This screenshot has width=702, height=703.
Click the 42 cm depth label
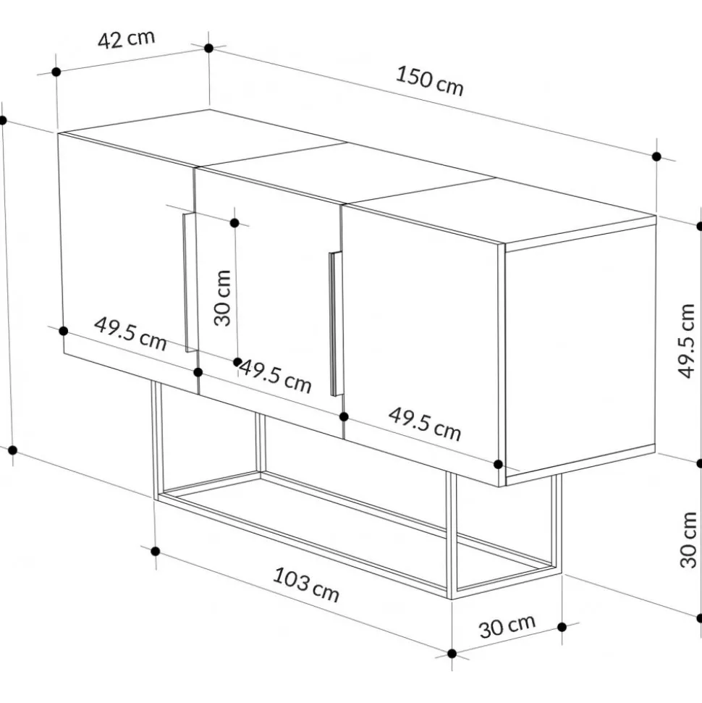[x=127, y=39]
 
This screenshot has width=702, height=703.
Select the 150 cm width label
[x=429, y=81]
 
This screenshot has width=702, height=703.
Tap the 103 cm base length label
[x=306, y=584]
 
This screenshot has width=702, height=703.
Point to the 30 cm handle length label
[x=222, y=298]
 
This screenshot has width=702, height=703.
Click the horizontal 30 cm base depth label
[x=507, y=626]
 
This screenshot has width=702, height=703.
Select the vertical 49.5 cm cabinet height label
[x=686, y=341]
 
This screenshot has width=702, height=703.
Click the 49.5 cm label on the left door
[x=130, y=334]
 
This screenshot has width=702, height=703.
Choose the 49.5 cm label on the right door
[x=425, y=424]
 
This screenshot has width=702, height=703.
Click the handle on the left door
[x=190, y=282]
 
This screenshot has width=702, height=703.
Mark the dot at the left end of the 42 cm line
[x=56, y=72]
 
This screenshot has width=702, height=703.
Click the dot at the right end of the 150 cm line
[x=656, y=156]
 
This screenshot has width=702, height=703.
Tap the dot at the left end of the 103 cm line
[x=156, y=551]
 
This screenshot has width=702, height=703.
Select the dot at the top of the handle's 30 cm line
[x=234, y=223]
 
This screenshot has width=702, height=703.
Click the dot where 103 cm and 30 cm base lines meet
[x=452, y=654]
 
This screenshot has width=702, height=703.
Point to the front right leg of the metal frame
[x=452, y=536]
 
